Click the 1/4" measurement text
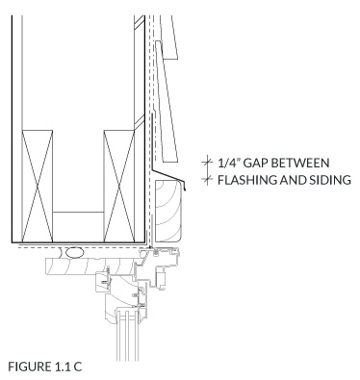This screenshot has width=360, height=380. point(229,163)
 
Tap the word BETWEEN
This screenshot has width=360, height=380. point(300,163)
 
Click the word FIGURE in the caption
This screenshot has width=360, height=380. point(28,367)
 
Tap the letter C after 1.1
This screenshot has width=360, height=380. point(77,367)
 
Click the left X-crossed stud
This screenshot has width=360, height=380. point(38,186)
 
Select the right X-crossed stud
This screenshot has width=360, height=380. point(119,186)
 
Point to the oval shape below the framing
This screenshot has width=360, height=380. point(75,253)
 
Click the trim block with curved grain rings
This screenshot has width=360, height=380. point(167,211)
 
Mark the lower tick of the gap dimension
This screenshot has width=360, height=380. point(207,180)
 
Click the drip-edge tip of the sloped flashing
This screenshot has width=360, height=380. point(186,190)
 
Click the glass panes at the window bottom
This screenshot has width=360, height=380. point(127,335)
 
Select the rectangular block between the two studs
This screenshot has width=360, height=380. point(78,227)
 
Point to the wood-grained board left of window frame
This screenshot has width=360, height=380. point(90,266)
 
